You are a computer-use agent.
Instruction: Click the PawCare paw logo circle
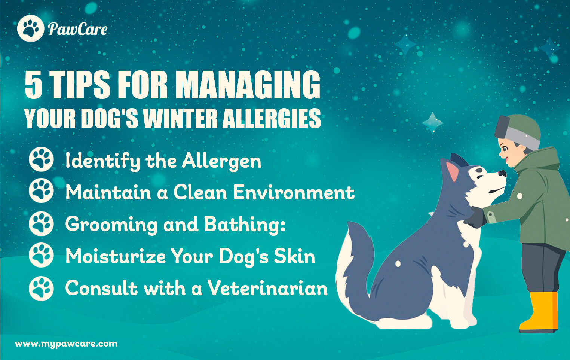tap(31, 28)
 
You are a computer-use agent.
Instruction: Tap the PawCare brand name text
tap(78, 29)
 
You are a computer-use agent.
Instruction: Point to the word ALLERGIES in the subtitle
tap(272, 118)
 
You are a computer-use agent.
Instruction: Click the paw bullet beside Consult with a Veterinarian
tap(41, 289)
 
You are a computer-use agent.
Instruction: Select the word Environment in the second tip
tap(294, 192)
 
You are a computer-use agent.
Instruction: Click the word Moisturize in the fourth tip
tap(116, 256)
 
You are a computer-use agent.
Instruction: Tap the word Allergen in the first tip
tap(221, 161)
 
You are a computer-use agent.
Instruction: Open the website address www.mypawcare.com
tap(66, 344)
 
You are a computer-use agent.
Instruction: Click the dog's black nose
tap(502, 174)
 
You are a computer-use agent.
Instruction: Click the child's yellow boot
tap(539, 312)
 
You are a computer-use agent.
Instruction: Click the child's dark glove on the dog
tap(475, 217)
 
